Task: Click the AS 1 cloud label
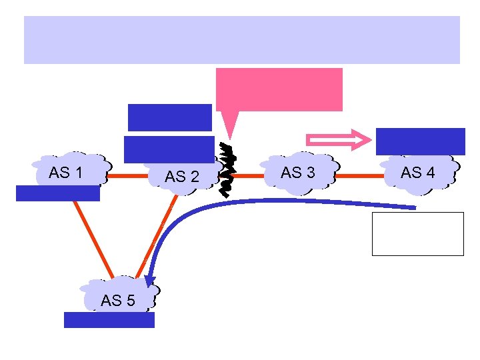pyautogui.click(x=65, y=173)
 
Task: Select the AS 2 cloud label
pyautogui.click(x=181, y=177)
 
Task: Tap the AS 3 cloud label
pyautogui.click(x=297, y=173)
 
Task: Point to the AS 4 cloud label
pyautogui.click(x=417, y=173)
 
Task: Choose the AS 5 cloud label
pyautogui.click(x=117, y=301)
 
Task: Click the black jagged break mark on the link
pyautogui.click(x=227, y=171)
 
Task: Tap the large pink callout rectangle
pyautogui.click(x=279, y=89)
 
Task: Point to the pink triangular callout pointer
pyautogui.click(x=229, y=123)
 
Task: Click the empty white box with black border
pyautogui.click(x=417, y=234)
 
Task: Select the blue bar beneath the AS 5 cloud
pyautogui.click(x=109, y=320)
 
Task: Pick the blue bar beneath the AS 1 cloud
pyautogui.click(x=58, y=193)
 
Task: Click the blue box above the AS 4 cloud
pyautogui.click(x=420, y=141)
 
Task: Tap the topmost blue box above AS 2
pyautogui.click(x=169, y=117)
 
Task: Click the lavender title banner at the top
pyautogui.click(x=241, y=40)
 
